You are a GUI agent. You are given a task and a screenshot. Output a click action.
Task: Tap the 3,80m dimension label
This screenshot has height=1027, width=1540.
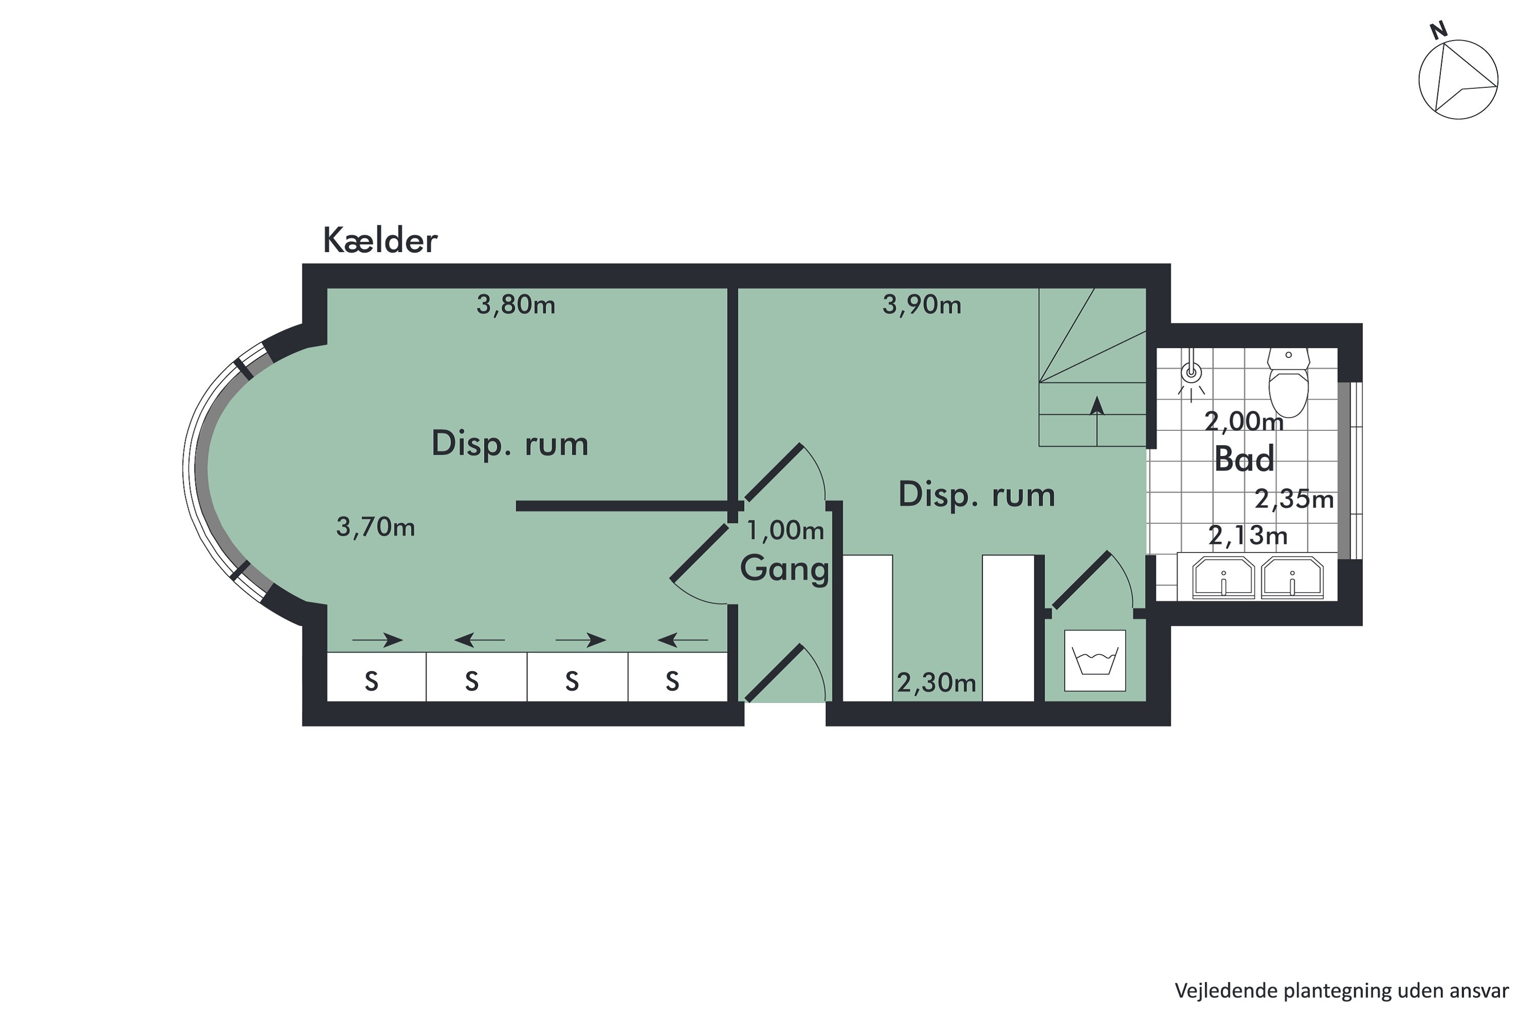pos(516,305)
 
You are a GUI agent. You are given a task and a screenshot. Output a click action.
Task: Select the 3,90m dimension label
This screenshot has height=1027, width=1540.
pos(922,305)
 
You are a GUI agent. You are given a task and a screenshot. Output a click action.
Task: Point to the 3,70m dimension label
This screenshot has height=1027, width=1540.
pos(375,527)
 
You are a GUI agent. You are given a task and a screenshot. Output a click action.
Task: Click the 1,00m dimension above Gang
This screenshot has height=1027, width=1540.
pos(785,530)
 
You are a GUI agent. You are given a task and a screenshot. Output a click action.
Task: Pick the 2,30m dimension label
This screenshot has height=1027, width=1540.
pos(936,683)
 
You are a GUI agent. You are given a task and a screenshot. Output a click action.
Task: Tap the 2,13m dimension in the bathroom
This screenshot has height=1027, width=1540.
pos(1247,536)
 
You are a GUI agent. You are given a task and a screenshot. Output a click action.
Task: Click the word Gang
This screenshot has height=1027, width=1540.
pos(784,568)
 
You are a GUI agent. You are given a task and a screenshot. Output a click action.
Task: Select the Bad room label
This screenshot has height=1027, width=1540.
pos(1244,459)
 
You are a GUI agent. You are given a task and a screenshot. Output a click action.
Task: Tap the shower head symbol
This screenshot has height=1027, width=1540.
pos(1191,374)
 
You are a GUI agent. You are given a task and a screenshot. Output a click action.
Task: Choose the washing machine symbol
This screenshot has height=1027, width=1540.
pos(1095,661)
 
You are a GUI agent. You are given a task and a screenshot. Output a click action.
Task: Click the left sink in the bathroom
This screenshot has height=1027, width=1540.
pos(1223,578)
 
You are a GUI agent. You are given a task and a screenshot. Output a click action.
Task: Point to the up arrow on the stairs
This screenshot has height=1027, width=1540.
pos(1096,407)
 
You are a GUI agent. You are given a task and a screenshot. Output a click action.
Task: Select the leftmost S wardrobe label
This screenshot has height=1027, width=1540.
pos(371,682)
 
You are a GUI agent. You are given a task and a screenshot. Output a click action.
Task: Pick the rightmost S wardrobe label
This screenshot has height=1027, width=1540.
pos(672,682)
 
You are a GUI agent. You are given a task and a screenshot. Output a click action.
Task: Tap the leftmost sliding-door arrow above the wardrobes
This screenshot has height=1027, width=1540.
pos(377,640)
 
